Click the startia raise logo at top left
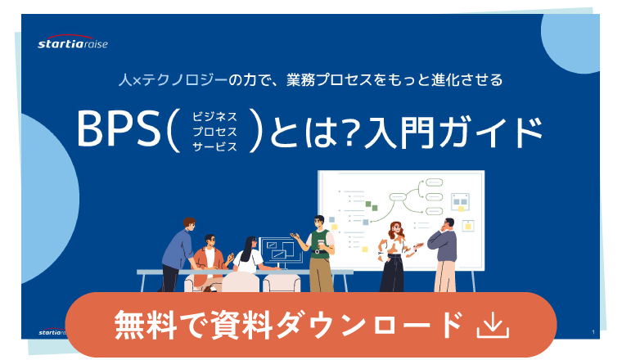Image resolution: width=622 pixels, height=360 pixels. point(73,42)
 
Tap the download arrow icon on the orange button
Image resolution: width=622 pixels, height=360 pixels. point(493,325)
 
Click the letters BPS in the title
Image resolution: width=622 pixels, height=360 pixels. point(118,128)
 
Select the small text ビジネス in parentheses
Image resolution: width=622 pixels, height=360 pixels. point(214,116)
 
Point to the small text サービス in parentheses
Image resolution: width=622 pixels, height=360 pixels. point(214,146)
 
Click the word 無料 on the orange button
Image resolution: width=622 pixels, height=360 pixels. point(146,325)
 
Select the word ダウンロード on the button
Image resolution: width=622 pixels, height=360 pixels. point(370,325)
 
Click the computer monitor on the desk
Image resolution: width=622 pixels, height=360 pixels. point(280,252)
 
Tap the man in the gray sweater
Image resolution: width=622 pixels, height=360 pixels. point(444,255)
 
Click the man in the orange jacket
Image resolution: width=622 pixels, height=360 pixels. point(210,259)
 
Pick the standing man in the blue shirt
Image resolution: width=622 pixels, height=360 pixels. point(178,254)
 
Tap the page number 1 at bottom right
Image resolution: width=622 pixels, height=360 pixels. point(593,332)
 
